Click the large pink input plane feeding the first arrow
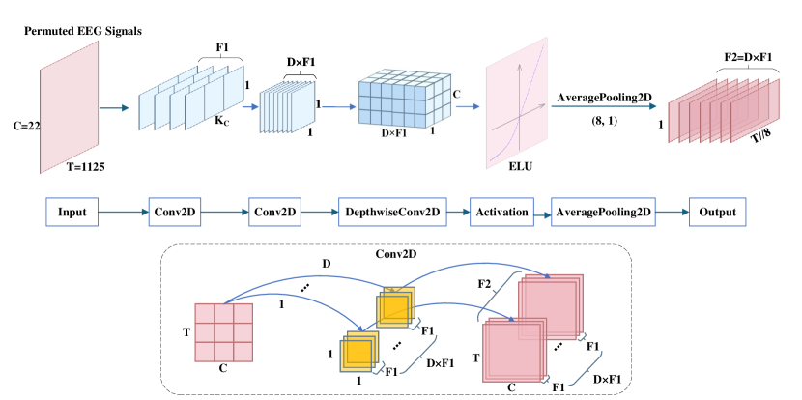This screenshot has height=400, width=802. click(70, 107)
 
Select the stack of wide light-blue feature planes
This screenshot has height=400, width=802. click(191, 98)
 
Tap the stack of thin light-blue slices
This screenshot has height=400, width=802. click(286, 106)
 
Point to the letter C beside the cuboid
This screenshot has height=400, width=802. click(456, 94)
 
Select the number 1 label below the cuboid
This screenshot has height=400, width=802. click(432, 130)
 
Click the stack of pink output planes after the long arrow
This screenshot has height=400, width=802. click(723, 110)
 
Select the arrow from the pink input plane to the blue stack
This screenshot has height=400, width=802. click(114, 108)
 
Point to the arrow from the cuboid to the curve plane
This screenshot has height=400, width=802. click(468, 106)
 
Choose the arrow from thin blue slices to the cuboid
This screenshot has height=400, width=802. click(338, 107)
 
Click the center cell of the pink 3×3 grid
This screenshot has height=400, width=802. click(223, 332)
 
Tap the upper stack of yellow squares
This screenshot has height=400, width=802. click(395, 307)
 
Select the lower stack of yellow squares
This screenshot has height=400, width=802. click(358, 352)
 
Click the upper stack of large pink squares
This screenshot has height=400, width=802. click(550, 306)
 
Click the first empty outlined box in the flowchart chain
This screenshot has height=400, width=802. click(72, 212)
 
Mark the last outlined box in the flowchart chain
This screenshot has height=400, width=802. click(717, 212)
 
